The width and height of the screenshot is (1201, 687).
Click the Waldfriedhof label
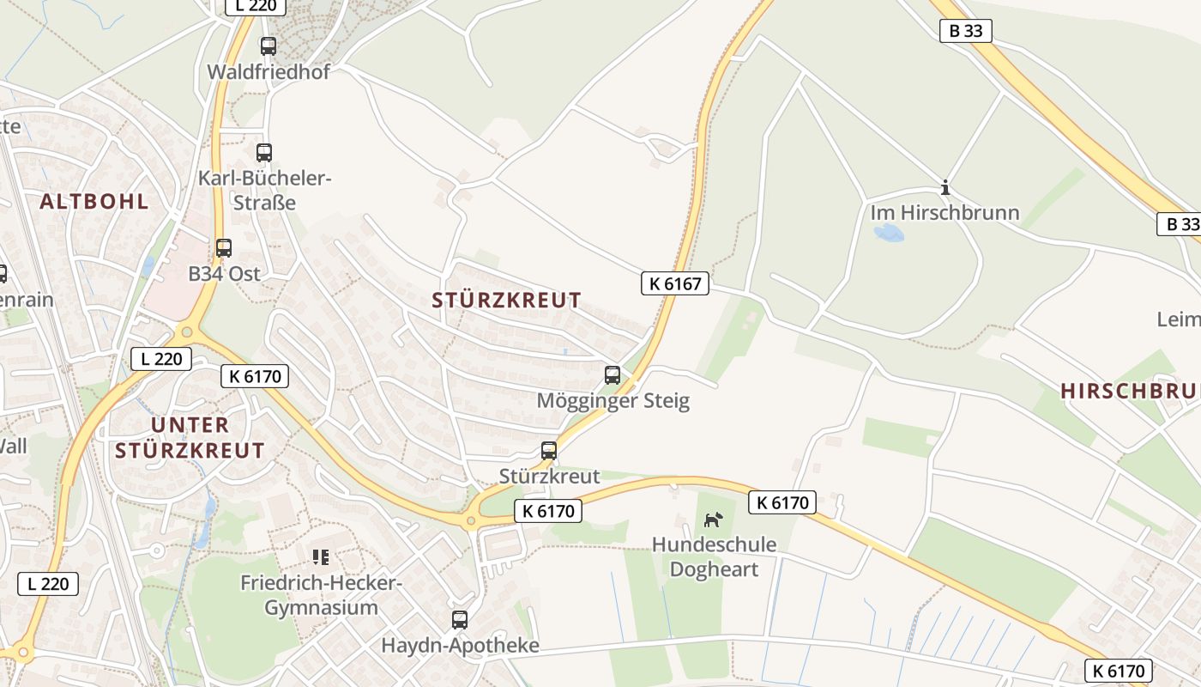[x=269, y=71]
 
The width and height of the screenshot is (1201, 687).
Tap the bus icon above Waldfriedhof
[x=269, y=46]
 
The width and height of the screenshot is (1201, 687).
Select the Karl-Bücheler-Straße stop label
[x=264, y=190]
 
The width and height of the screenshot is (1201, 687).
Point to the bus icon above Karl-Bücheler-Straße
[x=264, y=153]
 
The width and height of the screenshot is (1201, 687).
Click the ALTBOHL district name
[x=94, y=202]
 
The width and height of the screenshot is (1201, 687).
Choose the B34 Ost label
[x=224, y=274]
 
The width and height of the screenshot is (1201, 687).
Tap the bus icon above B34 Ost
[x=224, y=248]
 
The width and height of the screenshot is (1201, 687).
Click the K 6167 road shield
[x=675, y=283]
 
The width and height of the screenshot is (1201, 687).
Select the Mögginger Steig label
[x=613, y=401]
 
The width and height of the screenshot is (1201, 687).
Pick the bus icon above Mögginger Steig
[x=613, y=374]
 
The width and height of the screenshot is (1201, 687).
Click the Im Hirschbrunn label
[x=945, y=212]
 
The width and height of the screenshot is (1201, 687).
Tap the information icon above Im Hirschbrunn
[x=945, y=187]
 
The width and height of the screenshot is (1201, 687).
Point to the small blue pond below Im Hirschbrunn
[x=889, y=233]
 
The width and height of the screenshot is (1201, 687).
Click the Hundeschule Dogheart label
[x=714, y=556]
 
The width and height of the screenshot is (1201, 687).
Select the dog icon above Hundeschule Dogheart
[x=714, y=520]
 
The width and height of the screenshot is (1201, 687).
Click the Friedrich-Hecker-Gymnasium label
[x=321, y=595]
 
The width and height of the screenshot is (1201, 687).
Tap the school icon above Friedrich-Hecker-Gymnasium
[x=321, y=557]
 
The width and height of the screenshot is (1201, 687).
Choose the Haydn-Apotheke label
[x=460, y=645]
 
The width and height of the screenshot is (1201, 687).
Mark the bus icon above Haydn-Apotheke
[x=460, y=619]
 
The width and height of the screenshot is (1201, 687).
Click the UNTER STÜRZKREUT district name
[x=190, y=437]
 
